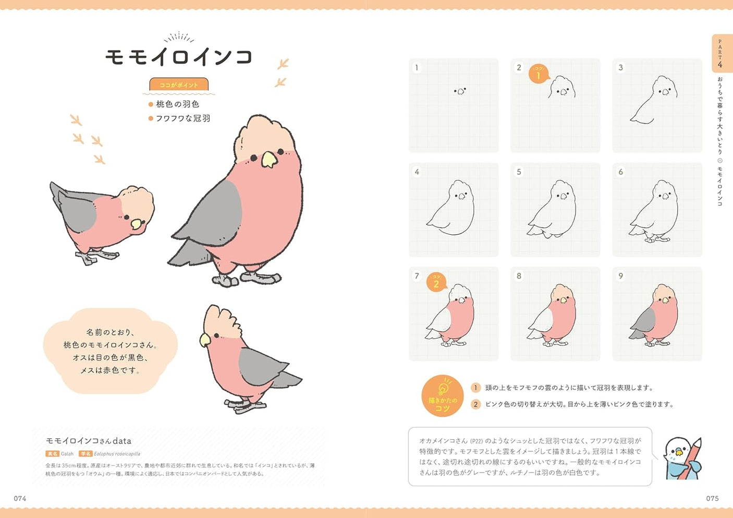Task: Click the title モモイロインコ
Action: [179, 56]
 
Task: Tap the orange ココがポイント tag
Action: [179, 85]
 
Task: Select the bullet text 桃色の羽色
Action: [177, 104]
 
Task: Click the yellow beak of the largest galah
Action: [269, 159]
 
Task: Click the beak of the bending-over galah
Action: [137, 224]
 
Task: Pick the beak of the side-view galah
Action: [205, 340]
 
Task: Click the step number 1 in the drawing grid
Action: [417, 67]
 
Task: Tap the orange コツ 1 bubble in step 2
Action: [539, 74]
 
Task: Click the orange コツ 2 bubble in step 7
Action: [436, 282]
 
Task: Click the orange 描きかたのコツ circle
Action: [442, 396]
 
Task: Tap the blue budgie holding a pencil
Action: [682, 457]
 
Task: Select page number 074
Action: [20, 498]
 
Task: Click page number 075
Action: [712, 498]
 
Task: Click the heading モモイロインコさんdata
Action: [89, 441]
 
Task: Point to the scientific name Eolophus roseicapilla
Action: [117, 454]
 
